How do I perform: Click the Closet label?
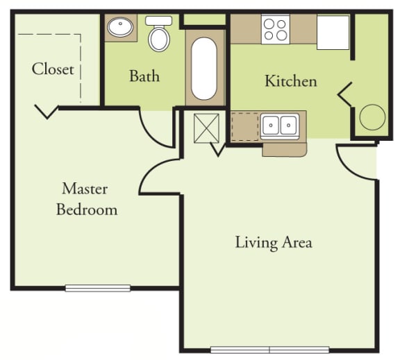[53, 69]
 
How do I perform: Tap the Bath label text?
[144, 76]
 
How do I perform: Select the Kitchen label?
[290, 81]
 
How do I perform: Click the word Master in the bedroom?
[85, 188]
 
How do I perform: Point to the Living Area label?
[273, 242]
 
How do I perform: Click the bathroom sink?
[122, 28]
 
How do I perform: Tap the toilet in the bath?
[159, 35]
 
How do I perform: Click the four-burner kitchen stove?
[275, 30]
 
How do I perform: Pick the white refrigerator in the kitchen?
[333, 32]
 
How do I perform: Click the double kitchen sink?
[279, 126]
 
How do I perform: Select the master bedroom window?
[97, 288]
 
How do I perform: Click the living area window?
[269, 350]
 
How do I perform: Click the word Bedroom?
[87, 209]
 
